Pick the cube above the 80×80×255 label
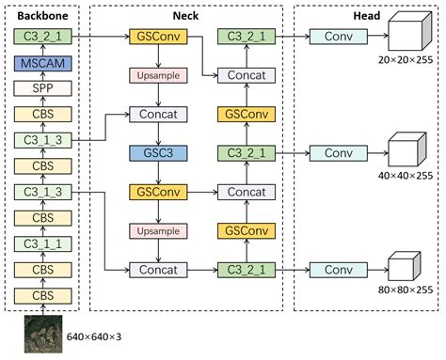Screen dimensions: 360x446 click(x=403, y=266)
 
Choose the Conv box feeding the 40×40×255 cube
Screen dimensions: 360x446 click(x=337, y=152)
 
